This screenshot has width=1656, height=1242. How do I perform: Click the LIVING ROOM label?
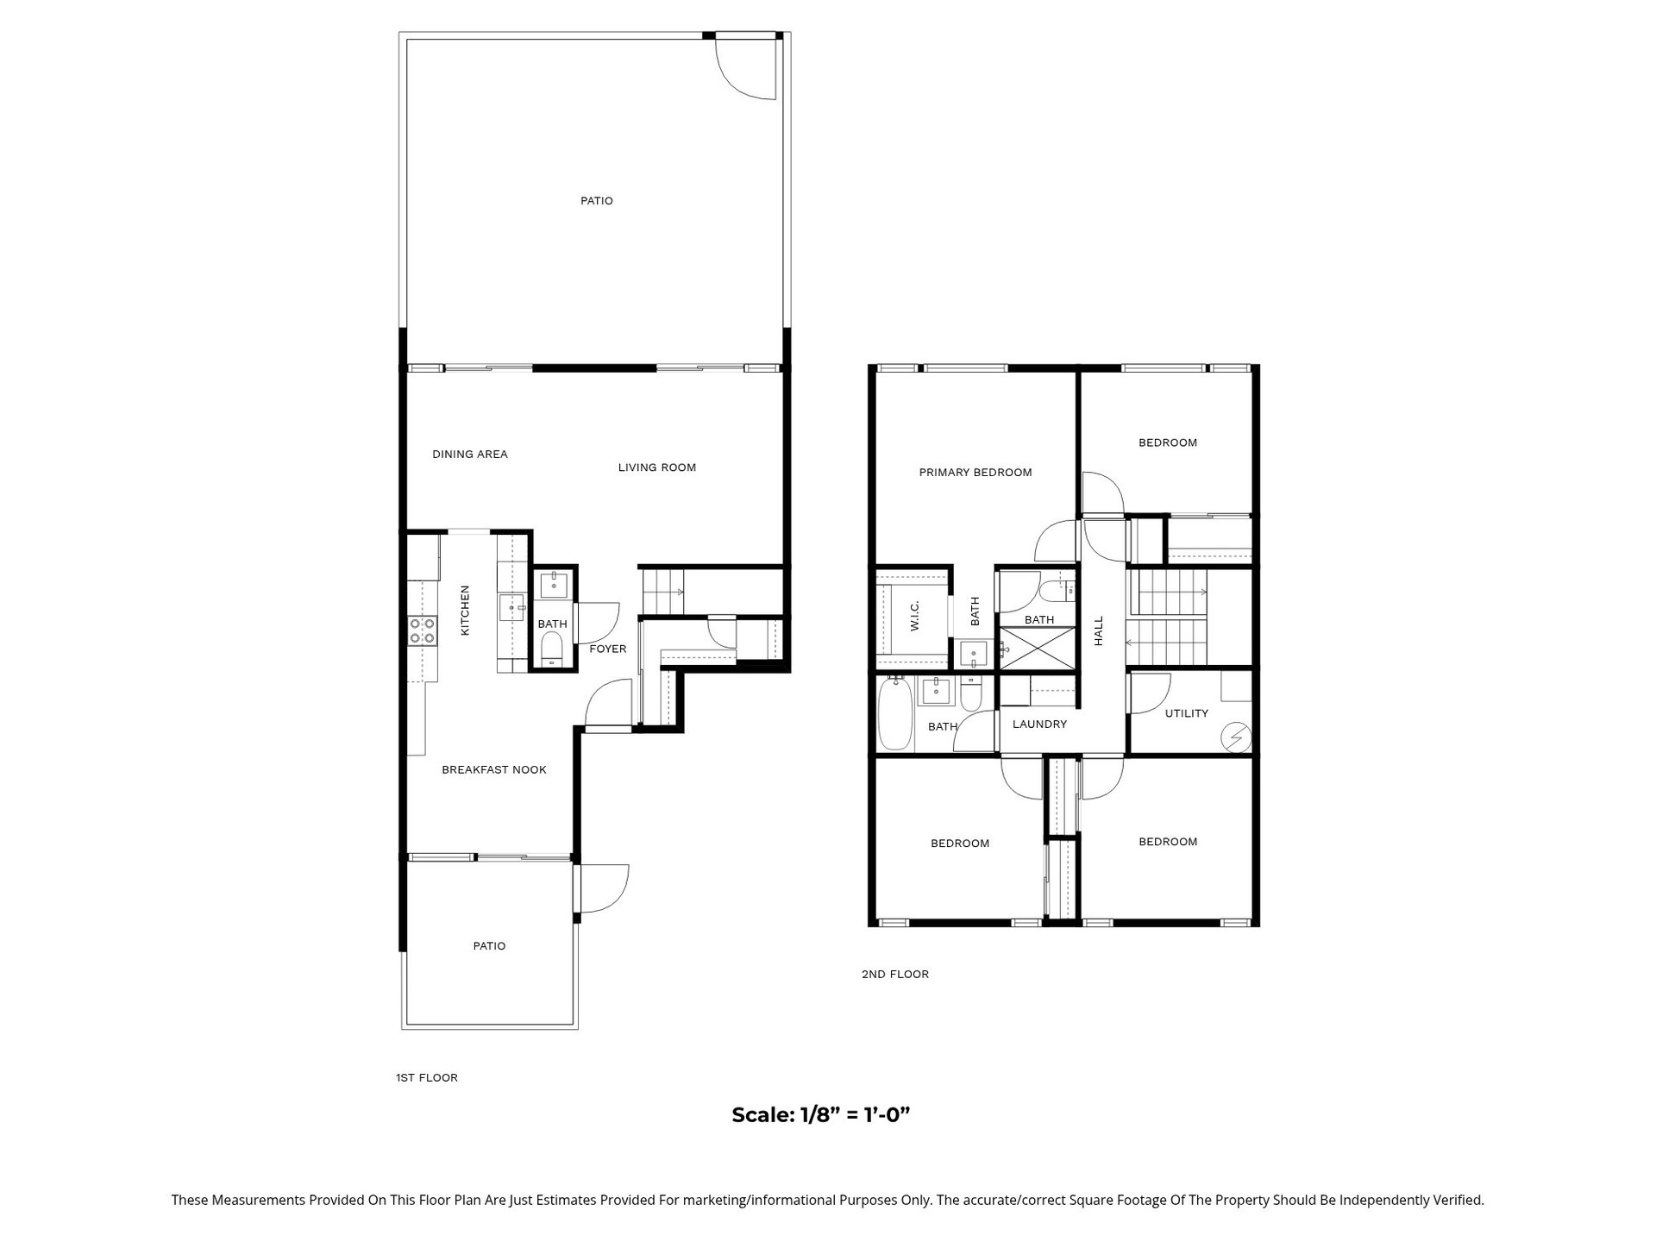(x=656, y=467)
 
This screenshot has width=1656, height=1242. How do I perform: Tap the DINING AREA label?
(x=470, y=455)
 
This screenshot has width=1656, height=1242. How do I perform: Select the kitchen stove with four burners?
(x=423, y=630)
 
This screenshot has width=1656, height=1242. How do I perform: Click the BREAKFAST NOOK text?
(x=494, y=770)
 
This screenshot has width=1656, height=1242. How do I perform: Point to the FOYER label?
(x=608, y=649)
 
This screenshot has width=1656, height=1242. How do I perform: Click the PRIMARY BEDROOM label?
(x=975, y=473)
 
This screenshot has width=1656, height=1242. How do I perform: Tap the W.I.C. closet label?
(x=914, y=616)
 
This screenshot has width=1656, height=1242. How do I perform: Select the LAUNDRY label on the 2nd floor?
(x=1039, y=724)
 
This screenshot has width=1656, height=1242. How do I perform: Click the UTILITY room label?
(x=1187, y=713)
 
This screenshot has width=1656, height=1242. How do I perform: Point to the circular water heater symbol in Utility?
(x=1237, y=737)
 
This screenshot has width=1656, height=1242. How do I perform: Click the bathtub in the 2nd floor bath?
(x=894, y=713)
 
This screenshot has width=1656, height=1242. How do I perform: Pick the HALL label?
(x=1099, y=631)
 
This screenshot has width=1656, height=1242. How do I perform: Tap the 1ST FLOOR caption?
(x=427, y=1077)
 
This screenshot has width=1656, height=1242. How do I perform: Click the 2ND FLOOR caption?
(x=895, y=974)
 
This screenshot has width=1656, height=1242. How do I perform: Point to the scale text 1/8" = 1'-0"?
(x=821, y=1114)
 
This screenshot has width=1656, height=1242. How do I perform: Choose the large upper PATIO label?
(x=597, y=201)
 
